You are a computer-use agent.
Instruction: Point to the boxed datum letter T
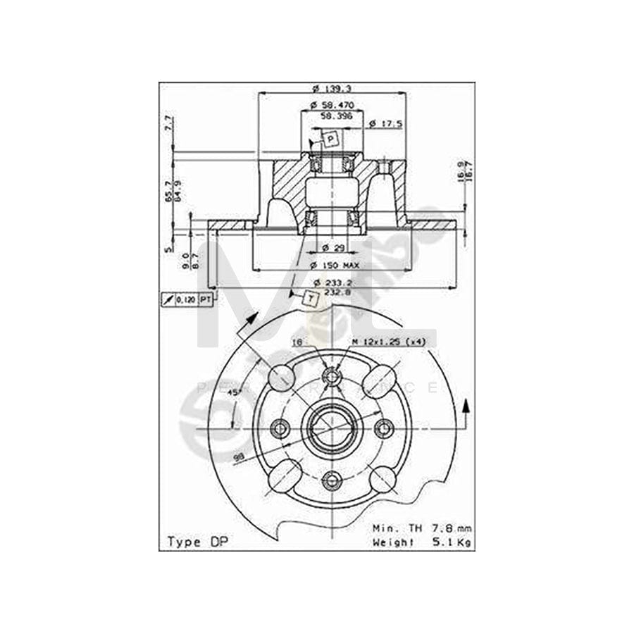tap(311, 299)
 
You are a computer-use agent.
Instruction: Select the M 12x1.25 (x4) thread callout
tap(389, 342)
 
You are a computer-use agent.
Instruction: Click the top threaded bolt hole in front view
tap(330, 376)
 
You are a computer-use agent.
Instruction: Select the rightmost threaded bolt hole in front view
tap(384, 428)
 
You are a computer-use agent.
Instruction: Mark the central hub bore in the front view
tap(330, 428)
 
